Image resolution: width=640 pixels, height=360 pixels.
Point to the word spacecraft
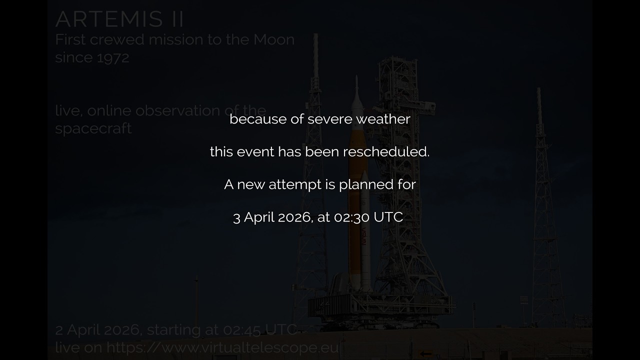93,128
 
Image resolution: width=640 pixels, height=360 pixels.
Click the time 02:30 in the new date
350,217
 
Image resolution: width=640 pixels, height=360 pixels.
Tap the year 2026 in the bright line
295,217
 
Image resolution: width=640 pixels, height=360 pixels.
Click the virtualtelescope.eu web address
222,347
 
